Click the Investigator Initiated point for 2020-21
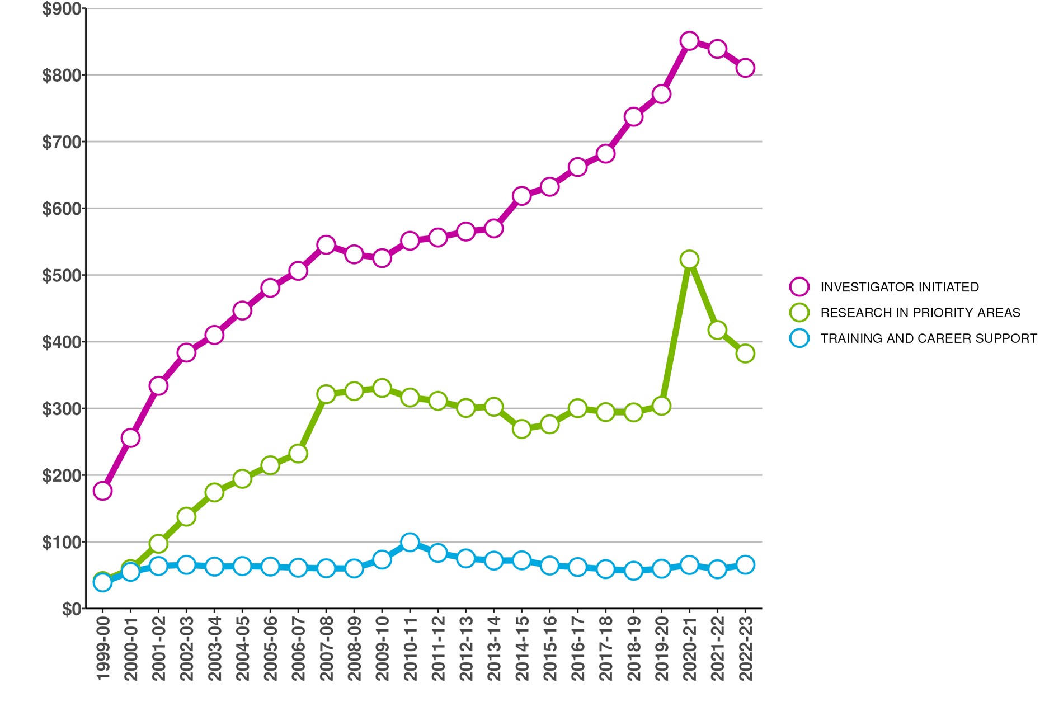tap(689, 41)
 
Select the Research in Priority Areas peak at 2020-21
tap(689, 260)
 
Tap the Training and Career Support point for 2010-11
tap(410, 542)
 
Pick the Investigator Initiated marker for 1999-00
tap(102, 491)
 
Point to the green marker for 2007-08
tap(326, 394)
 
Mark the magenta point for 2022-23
tap(745, 68)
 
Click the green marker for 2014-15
tap(521, 429)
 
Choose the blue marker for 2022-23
tap(745, 565)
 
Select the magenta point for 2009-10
tap(382, 258)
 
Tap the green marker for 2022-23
tap(745, 354)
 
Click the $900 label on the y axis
tap(62, 9)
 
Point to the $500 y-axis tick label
tap(62, 275)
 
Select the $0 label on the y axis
tap(72, 609)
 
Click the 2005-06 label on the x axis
tap(270, 649)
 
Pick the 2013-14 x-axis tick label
tap(494, 649)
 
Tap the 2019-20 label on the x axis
tap(661, 649)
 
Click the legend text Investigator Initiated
tap(900, 287)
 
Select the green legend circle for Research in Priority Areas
tap(799, 313)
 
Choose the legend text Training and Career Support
tap(929, 338)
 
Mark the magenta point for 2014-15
tap(521, 196)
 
